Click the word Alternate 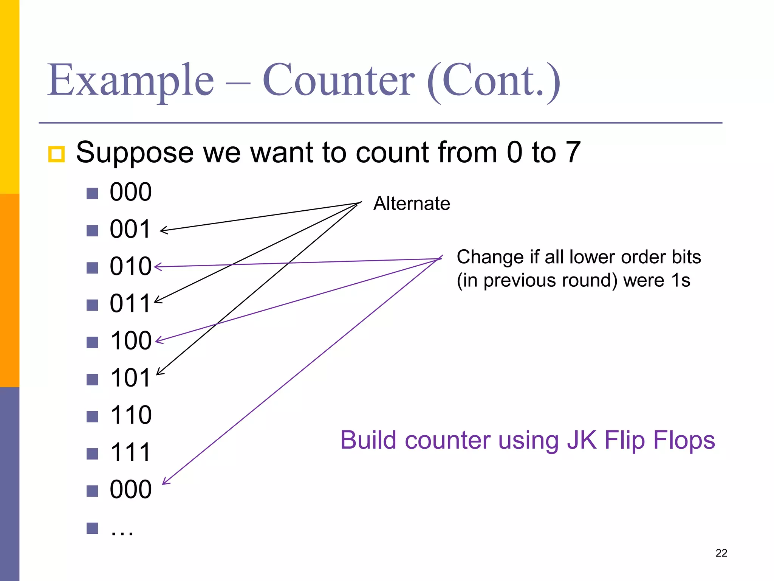[x=412, y=204]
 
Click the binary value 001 [x=130, y=229]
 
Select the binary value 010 [x=130, y=266]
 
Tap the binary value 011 [x=130, y=303]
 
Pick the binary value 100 [x=131, y=341]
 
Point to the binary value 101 [x=131, y=378]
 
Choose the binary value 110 [x=131, y=415]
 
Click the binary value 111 [x=131, y=452]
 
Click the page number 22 [x=721, y=553]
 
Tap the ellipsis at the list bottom [x=122, y=530]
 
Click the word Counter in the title [x=338, y=81]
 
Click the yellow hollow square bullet [x=56, y=154]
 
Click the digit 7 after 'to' [x=573, y=152]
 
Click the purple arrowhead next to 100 [x=159, y=340]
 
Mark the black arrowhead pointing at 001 [x=163, y=230]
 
